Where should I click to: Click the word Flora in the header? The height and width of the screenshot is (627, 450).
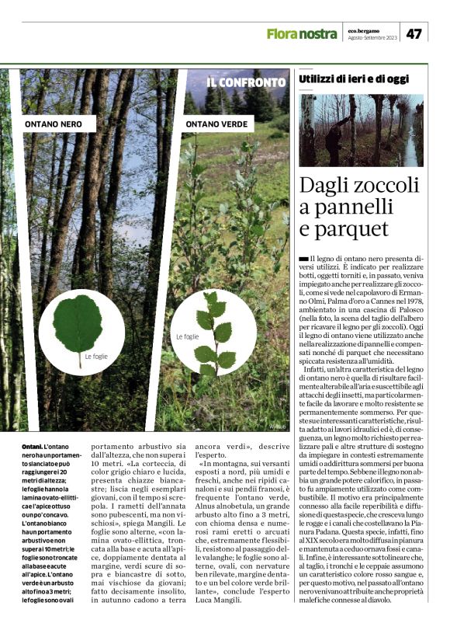(x=282, y=33)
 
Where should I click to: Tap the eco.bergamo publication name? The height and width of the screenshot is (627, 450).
(x=363, y=30)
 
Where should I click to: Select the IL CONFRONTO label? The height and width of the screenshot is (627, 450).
(x=246, y=82)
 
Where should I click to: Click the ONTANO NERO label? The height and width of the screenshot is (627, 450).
(x=53, y=124)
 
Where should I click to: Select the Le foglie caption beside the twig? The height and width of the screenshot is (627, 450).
(x=188, y=336)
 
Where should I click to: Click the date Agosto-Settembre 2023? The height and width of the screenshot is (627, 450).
(x=371, y=38)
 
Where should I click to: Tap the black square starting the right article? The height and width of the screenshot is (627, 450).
(x=303, y=258)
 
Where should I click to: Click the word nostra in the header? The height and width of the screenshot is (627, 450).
(x=318, y=33)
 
